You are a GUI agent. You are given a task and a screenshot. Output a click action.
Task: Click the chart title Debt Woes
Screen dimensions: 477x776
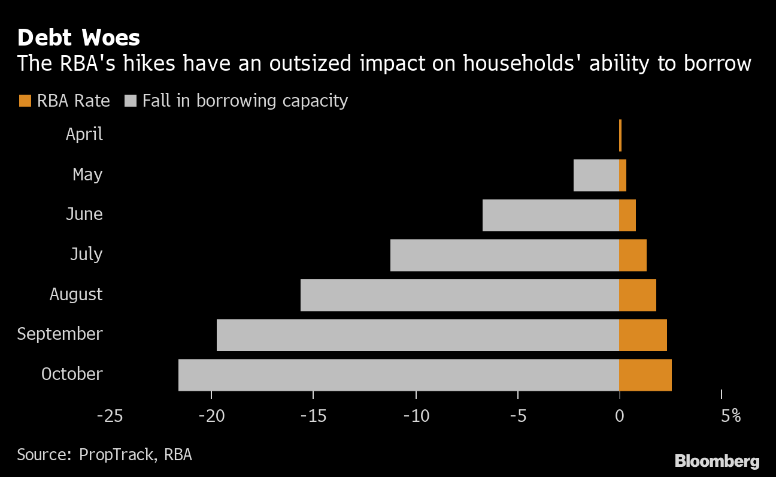[78, 38]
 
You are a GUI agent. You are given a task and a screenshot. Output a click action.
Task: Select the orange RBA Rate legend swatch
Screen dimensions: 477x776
[25, 101]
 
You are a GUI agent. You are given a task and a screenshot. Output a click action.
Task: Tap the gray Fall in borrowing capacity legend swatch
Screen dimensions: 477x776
[130, 101]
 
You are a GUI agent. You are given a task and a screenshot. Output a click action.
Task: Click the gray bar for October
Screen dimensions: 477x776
[398, 375]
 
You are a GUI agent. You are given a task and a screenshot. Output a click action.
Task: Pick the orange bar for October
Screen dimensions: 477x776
[645, 375]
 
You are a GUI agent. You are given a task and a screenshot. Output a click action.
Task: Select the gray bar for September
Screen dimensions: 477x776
[417, 335]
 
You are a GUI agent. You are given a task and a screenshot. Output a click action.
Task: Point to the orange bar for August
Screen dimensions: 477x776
[637, 295]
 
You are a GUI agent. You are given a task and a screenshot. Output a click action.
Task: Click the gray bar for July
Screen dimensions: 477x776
[504, 255]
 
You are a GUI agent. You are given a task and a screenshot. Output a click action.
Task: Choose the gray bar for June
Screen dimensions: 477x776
[550, 215]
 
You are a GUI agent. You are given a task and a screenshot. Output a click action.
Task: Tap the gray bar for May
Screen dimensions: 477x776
[596, 175]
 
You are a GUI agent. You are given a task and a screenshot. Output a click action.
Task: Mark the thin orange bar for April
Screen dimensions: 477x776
[620, 135]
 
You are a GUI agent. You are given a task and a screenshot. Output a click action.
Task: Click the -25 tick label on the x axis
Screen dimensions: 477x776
[110, 416]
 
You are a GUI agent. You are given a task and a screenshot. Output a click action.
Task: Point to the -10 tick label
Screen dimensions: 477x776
[416, 416]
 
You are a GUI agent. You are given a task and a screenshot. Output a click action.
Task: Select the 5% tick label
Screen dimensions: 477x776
[730, 416]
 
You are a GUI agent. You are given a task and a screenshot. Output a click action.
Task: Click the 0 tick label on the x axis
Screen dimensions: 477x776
[620, 416]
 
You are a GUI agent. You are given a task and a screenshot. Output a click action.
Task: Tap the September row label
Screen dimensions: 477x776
[60, 334]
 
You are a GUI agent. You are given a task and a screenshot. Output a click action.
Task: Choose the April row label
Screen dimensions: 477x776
[84, 134]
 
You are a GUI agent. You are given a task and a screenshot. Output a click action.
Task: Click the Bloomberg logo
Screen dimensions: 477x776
[717, 461]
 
